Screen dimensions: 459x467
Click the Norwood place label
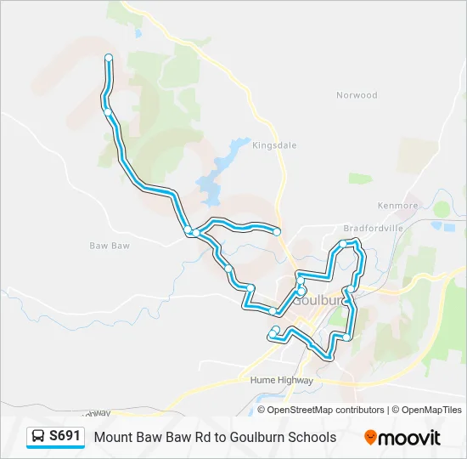pyautogui.click(x=357, y=95)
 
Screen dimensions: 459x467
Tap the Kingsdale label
pyautogui.click(x=274, y=145)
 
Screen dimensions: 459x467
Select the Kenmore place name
pyautogui.click(x=398, y=206)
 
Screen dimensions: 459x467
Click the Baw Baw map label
pyautogui.click(x=110, y=246)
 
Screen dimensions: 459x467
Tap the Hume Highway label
pyautogui.click(x=282, y=381)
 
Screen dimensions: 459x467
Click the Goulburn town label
pyautogui.click(x=322, y=301)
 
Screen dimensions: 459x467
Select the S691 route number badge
pyautogui.click(x=65, y=437)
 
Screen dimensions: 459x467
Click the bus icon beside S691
pyautogui.click(x=38, y=437)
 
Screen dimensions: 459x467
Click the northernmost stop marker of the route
pyautogui.click(x=109, y=57)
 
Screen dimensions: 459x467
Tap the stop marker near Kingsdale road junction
pyautogui.click(x=277, y=231)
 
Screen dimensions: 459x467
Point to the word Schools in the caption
pyautogui.click(x=311, y=438)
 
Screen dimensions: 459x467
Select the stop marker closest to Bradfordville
pyautogui.click(x=343, y=244)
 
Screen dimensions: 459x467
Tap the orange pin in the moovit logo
pyautogui.click(x=370, y=438)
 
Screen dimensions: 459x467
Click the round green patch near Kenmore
pyautogui.click(x=442, y=208)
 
